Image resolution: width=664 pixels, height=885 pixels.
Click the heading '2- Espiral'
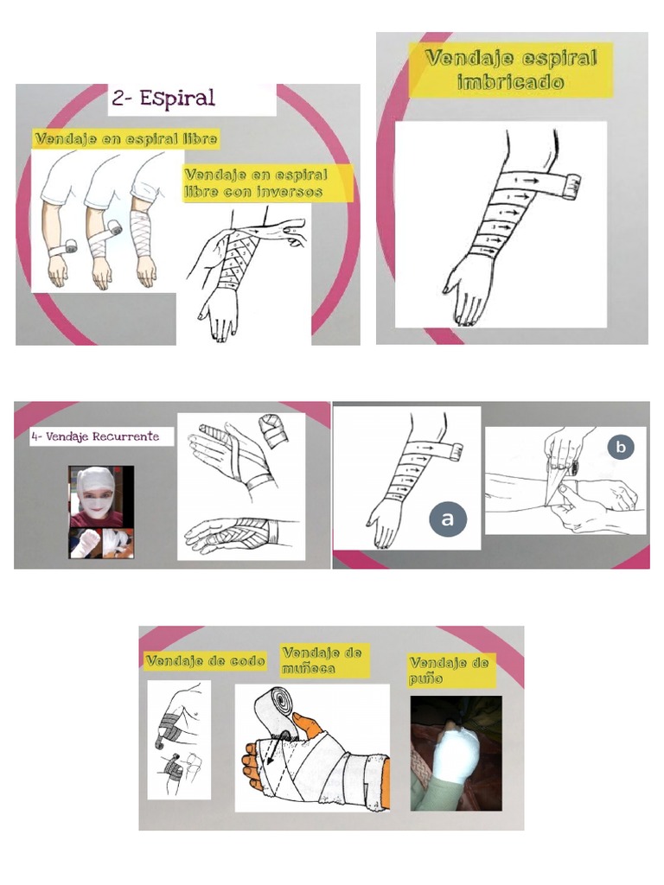tap(163, 99)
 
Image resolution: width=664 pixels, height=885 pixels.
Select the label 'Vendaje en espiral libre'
tap(125, 138)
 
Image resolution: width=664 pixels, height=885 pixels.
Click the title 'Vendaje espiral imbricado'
tap(512, 71)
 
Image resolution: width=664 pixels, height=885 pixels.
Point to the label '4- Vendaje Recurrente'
tap(95, 436)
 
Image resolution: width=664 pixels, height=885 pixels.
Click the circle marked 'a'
tap(447, 519)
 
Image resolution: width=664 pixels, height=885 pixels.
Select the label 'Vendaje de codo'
tap(205, 660)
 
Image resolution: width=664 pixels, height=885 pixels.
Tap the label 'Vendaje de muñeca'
tap(322, 660)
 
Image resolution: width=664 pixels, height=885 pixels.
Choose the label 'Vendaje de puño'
tap(449, 670)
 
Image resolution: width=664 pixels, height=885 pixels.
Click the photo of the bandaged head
tap(96, 496)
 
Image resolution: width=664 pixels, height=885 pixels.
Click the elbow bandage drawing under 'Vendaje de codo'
tap(178, 740)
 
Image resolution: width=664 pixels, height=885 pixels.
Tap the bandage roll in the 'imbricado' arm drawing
tap(571, 181)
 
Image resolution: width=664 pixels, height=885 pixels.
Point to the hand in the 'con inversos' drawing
tap(220, 315)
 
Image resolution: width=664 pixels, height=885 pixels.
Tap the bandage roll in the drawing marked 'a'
tap(455, 449)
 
